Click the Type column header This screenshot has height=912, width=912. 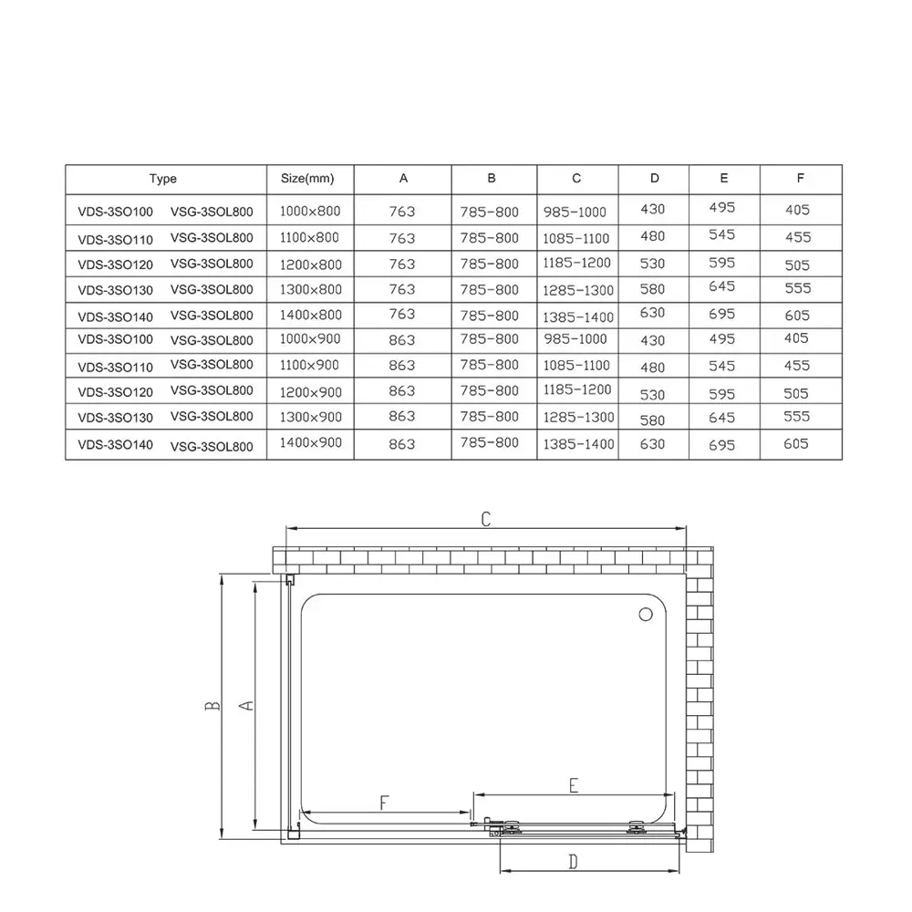pyautogui.click(x=163, y=179)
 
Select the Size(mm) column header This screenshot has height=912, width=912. pyautogui.click(x=309, y=179)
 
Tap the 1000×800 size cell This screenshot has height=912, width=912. pyautogui.click(x=309, y=212)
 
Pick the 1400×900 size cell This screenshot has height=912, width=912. pyautogui.click(x=309, y=443)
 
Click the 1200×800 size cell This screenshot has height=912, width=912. pyautogui.click(x=309, y=264)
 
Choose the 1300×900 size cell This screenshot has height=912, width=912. pyautogui.click(x=309, y=417)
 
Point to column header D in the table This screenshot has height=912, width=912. pyautogui.click(x=654, y=179)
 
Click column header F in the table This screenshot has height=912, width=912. pyautogui.click(x=800, y=179)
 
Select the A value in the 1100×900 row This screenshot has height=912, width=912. pyautogui.click(x=401, y=366)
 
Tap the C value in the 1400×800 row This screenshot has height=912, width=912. pyautogui.click(x=578, y=316)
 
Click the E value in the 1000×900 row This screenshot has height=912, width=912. pyautogui.click(x=722, y=338)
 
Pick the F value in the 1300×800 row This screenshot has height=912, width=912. pyautogui.click(x=797, y=287)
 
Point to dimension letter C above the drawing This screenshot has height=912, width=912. pyautogui.click(x=486, y=518)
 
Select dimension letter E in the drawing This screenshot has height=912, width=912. pyautogui.click(x=574, y=785)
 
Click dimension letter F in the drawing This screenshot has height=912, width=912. pyautogui.click(x=384, y=803)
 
